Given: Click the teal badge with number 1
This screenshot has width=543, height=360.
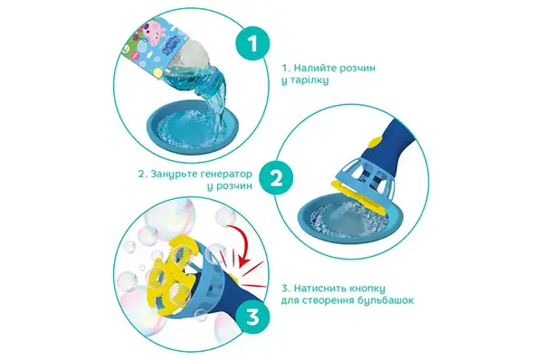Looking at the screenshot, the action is (252, 44).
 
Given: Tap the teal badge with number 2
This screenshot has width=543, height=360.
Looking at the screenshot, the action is (276, 178).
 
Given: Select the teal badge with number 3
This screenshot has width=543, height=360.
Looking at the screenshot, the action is (252, 316).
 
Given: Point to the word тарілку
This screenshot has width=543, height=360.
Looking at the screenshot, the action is (309, 81).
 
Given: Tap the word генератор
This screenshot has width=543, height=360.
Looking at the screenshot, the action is (226, 174).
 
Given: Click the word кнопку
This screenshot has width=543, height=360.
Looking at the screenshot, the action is (366, 289).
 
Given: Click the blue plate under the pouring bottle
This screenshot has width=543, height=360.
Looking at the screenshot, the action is (193, 127).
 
